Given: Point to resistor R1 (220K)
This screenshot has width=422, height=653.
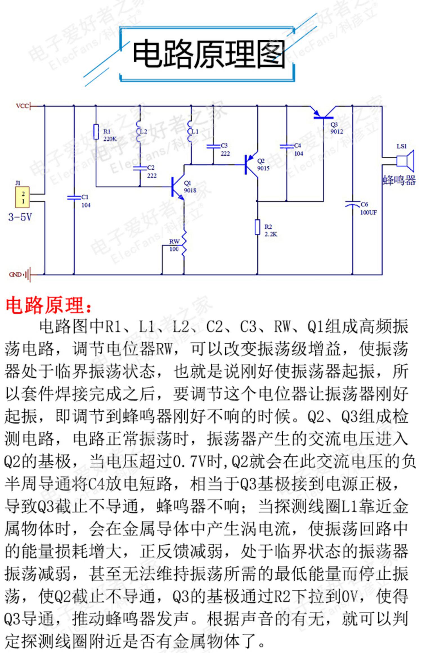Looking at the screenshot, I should pos(96,131).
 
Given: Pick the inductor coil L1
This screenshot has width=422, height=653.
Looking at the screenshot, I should pos(190,132).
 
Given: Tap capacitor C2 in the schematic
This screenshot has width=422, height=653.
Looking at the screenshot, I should pos(140,168).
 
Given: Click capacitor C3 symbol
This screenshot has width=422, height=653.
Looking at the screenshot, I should pos(213,146).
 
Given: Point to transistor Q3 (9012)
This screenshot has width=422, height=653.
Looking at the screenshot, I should pos(323,115).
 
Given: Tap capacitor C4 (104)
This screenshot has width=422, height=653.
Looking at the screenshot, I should pos(287,146).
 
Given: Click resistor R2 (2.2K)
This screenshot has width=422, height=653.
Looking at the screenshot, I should pos(257,227).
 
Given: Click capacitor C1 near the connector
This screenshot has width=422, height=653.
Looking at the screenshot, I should pos(74,197).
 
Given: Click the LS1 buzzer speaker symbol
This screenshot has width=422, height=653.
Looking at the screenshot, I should pos(405,161).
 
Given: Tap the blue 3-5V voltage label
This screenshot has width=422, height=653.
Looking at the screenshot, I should pos(20,217).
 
